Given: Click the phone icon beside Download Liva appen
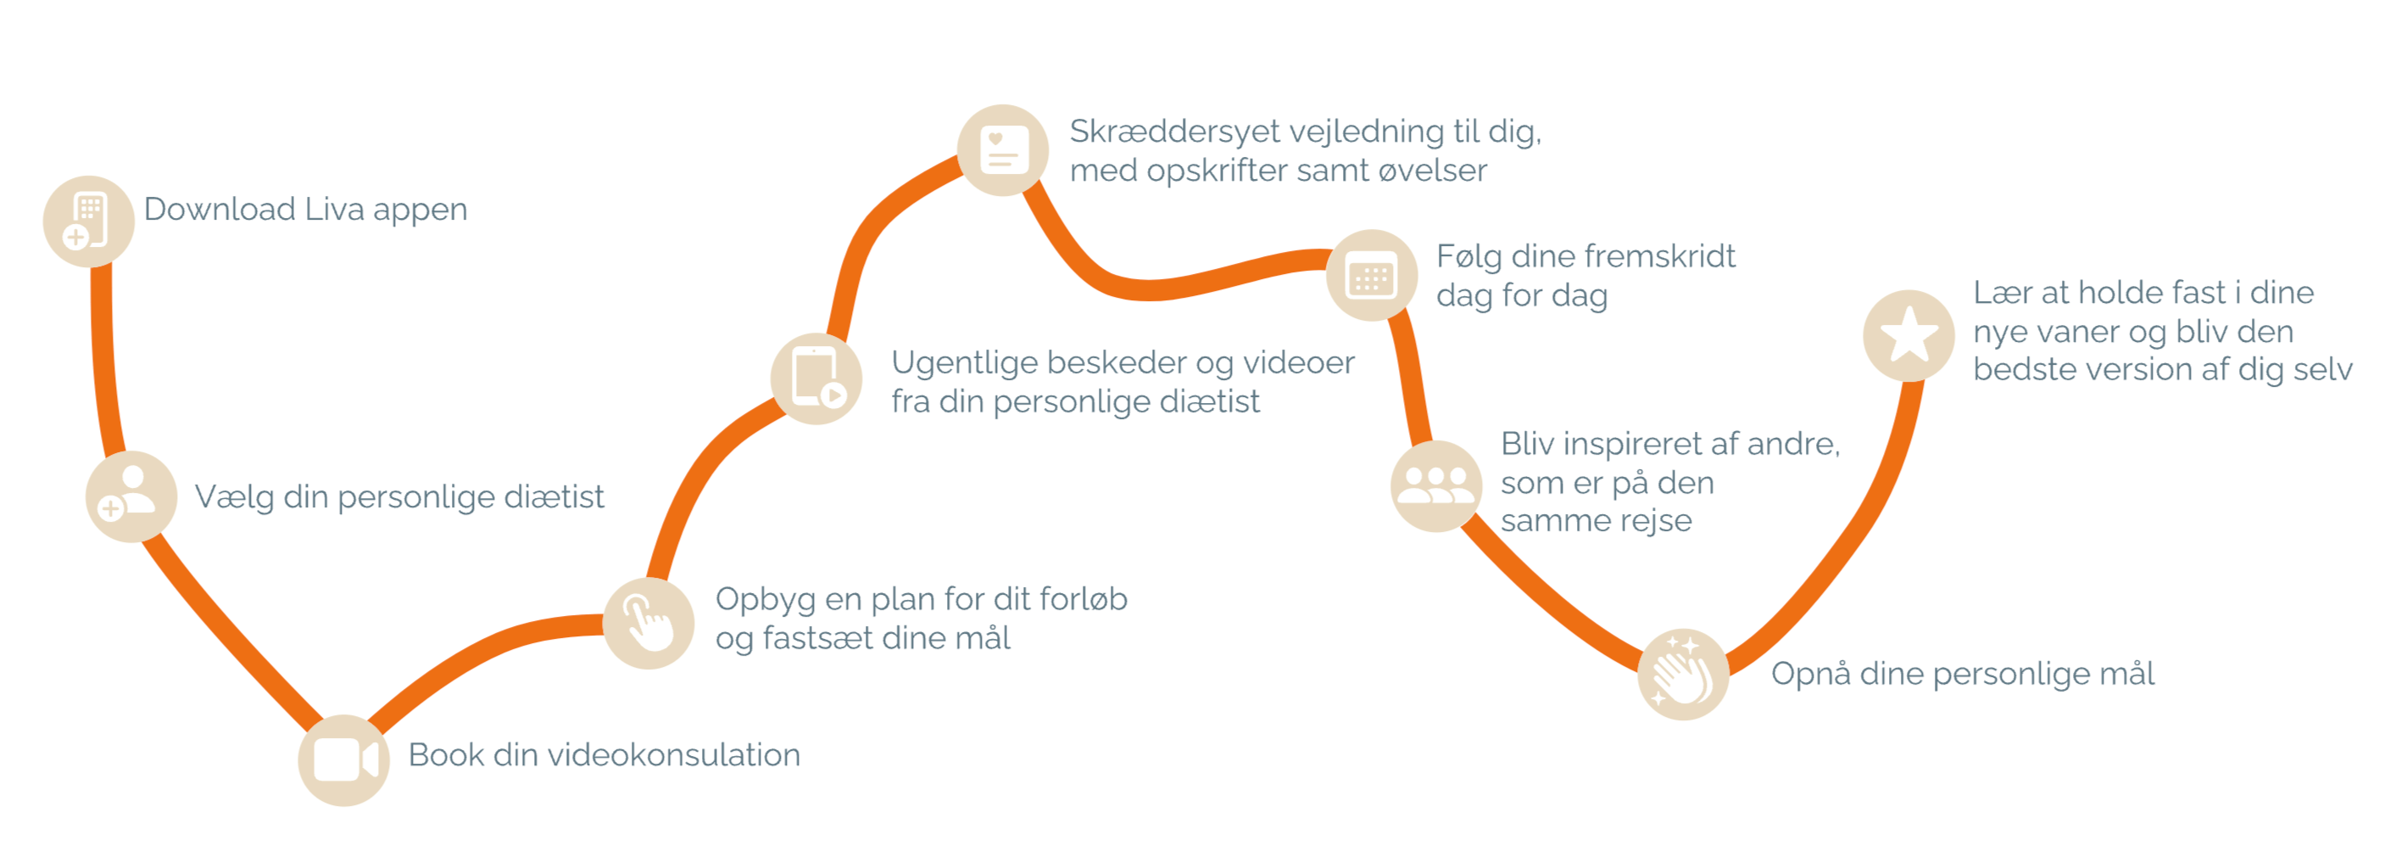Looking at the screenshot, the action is point(88,221).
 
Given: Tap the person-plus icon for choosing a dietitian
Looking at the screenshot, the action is point(131,496).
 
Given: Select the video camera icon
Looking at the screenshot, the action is point(344,759).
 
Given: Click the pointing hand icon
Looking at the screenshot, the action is point(649,623).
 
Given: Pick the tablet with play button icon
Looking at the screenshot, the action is point(816,378).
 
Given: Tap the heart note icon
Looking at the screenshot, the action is point(1004,150).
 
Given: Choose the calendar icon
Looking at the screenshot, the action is point(1372,276).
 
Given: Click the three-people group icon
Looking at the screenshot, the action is point(1436,485).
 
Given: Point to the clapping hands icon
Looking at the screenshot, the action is point(1683,674).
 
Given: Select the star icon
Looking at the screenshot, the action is point(1908,335).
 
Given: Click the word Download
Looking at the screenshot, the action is point(220,210).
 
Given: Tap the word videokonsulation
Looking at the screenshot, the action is point(673,754).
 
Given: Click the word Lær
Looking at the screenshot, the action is point(2003,293).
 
